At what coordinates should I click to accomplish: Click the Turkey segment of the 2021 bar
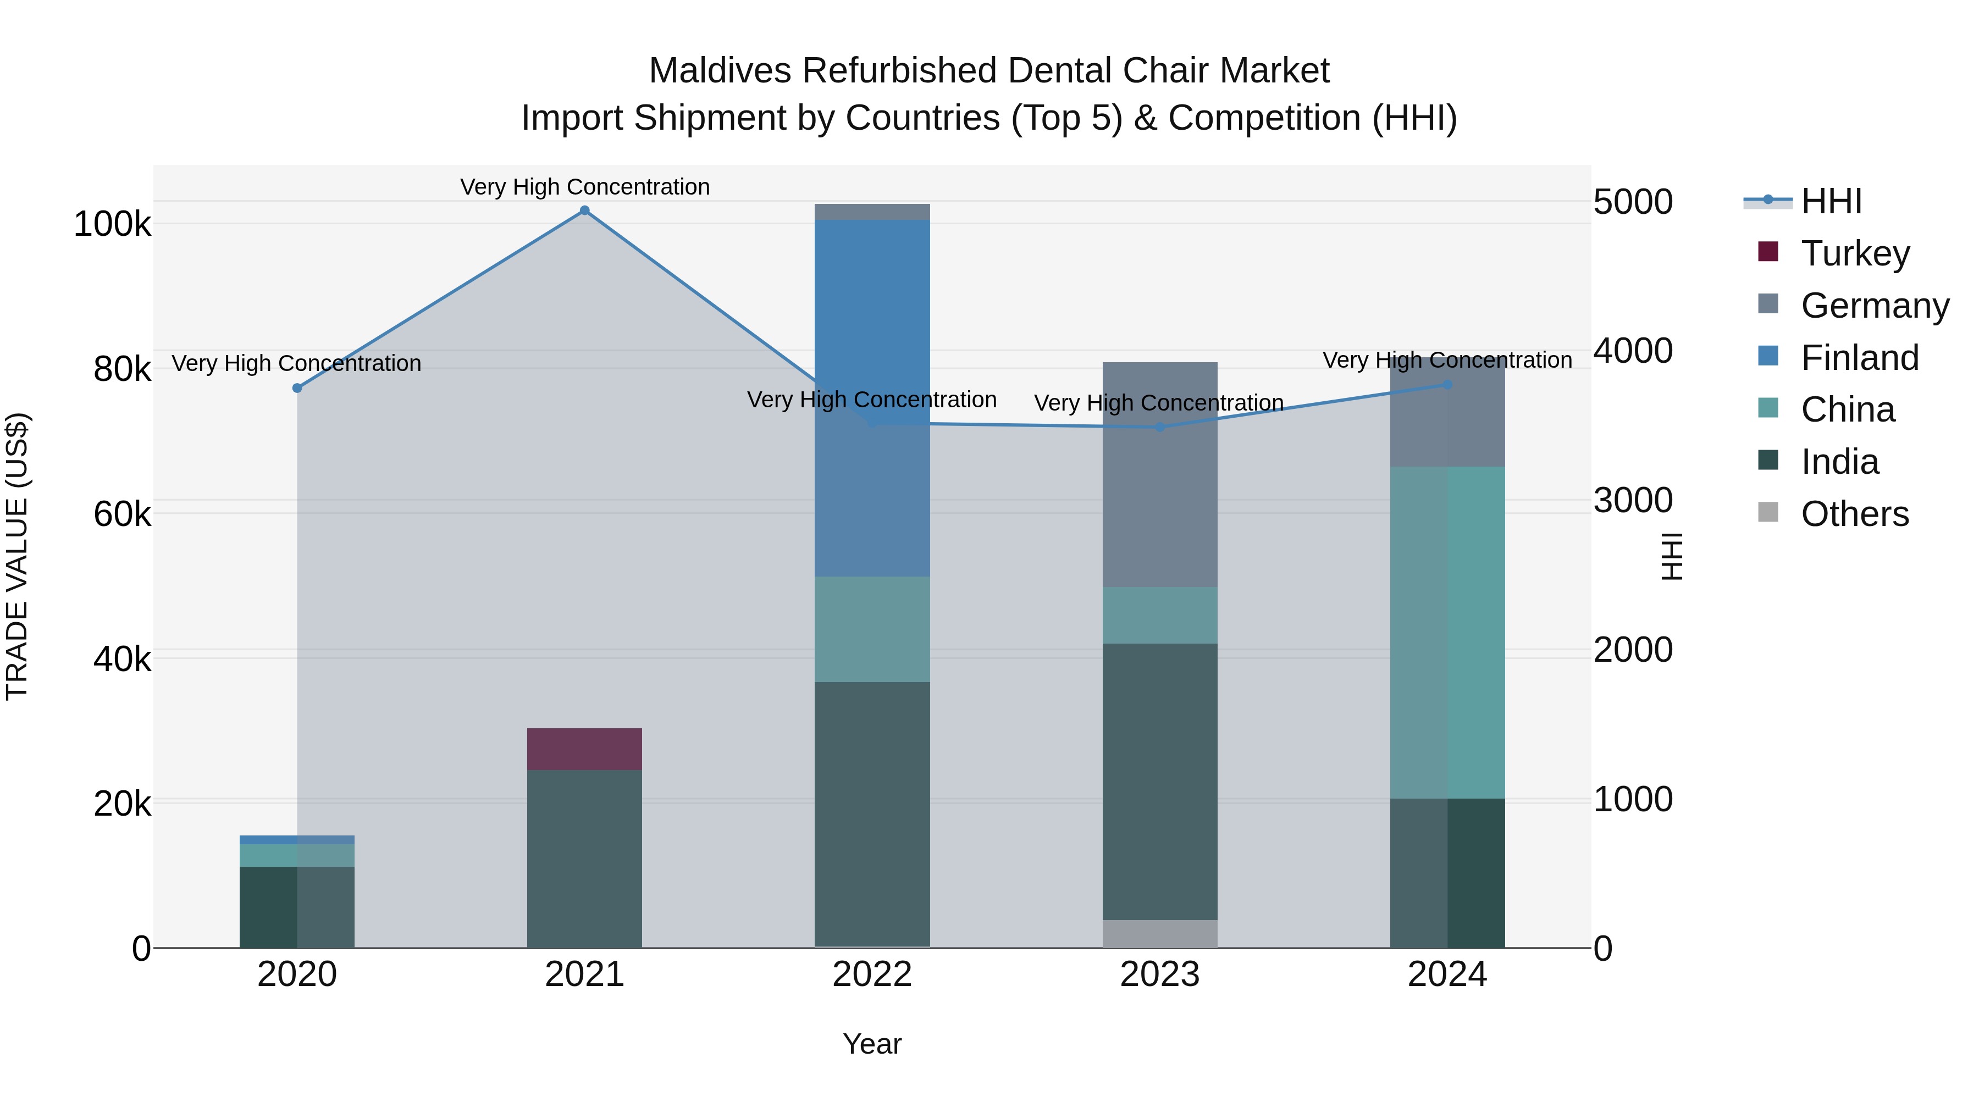coord(584,749)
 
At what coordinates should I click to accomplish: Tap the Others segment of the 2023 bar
coord(1159,933)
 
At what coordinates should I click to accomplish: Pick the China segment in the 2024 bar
coord(1447,632)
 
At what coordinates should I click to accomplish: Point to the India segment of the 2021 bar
coord(584,859)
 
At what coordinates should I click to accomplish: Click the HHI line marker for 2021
coord(585,211)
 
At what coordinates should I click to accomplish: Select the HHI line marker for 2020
coord(297,388)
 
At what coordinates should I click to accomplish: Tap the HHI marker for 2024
coord(1447,385)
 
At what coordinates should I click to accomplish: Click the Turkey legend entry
coord(1855,253)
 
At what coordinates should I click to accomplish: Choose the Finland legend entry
coord(1859,358)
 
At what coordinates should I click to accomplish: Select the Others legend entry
coord(1855,514)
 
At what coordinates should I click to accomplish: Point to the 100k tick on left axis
coord(112,224)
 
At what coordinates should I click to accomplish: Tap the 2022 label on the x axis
coord(872,974)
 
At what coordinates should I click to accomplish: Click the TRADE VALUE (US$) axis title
coord(17,556)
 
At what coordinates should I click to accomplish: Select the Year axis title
coord(872,1044)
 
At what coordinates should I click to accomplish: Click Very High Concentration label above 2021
coord(585,187)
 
